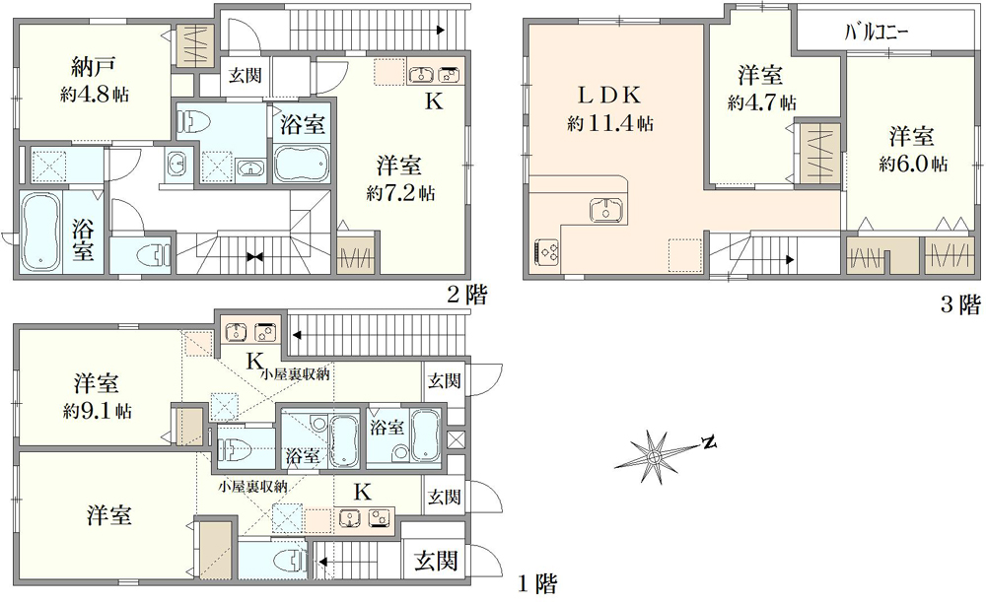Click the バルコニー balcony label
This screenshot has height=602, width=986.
click(876, 33)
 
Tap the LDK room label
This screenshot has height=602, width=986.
click(609, 97)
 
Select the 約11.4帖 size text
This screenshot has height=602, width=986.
click(609, 124)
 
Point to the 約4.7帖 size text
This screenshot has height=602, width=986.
click(762, 101)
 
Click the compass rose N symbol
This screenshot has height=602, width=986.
click(708, 442)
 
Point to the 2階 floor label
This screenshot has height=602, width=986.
click(465, 294)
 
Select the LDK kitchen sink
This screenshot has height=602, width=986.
click(602, 210)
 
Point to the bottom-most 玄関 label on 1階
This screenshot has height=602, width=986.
click(435, 562)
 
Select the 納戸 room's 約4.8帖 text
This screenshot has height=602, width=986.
click(94, 96)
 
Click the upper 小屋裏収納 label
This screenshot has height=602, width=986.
click(295, 374)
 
